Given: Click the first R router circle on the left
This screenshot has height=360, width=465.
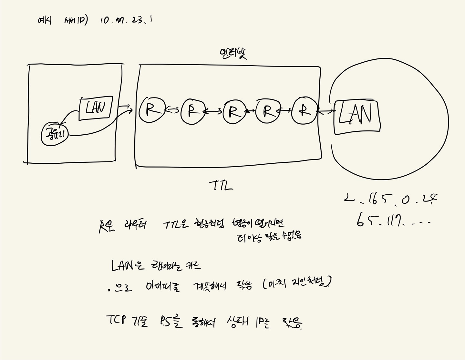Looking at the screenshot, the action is point(150,110).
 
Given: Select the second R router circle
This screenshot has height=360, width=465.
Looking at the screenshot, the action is point(193,111).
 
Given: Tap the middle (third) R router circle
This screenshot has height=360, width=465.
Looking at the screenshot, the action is point(234,112).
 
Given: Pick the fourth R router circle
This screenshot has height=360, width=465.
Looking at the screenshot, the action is point(267,111).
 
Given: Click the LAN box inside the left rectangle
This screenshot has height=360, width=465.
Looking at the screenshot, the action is point(96,108).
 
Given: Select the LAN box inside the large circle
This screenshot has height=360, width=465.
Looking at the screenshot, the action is point(356,117).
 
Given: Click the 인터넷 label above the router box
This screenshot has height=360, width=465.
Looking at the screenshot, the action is point(233,54).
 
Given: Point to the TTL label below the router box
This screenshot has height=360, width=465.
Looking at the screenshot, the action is point(221,186).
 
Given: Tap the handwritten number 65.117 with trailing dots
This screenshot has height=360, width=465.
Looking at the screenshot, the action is point(392,221).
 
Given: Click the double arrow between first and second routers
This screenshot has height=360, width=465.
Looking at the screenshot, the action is point(172,110).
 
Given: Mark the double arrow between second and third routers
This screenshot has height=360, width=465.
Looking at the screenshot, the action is point(213,112).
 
